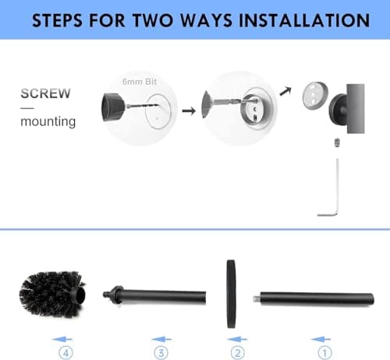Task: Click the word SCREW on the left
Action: pos(45,94)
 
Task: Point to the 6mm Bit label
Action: pos(139,80)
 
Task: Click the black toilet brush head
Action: pos(51,295)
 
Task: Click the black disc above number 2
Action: pos(231,295)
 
